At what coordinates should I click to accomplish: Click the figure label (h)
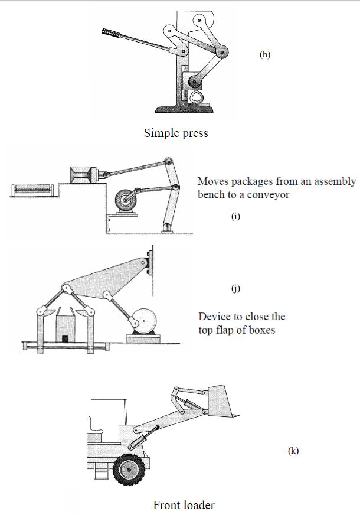point(265,54)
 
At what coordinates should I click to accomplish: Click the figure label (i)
point(235,216)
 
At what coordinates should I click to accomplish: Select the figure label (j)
point(235,288)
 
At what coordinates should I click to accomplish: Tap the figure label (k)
point(293,451)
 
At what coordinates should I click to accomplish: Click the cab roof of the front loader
point(108,399)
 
